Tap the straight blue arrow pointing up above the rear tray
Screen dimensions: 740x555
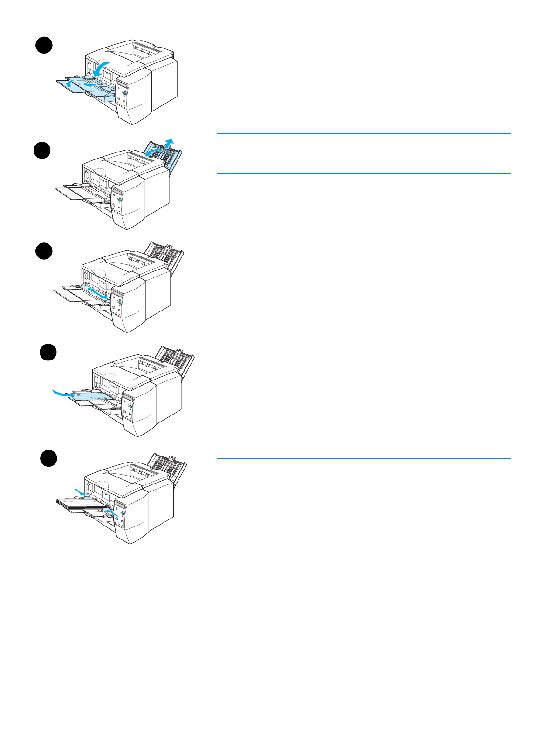(x=171, y=142)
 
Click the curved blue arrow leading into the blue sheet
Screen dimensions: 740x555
(x=61, y=394)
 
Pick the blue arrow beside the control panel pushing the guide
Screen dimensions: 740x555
(x=108, y=512)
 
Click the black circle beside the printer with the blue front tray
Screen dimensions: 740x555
(x=44, y=46)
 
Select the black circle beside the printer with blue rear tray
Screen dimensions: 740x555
(x=42, y=150)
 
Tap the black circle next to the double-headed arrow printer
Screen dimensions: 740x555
(x=44, y=252)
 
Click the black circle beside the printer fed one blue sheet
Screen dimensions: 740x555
(x=48, y=352)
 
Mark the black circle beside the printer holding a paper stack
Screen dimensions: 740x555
(x=48, y=458)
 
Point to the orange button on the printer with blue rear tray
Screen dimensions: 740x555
(x=120, y=207)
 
